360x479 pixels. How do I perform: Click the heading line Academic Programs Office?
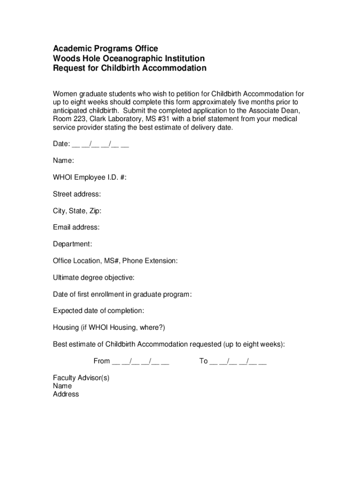point(105,49)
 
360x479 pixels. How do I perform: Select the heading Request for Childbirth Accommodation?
point(130,68)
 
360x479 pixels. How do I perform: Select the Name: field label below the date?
point(63,160)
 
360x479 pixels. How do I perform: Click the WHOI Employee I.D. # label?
point(89,177)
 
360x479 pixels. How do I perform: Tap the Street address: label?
point(77,194)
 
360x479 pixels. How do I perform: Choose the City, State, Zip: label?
point(77,210)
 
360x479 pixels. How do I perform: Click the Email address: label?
point(76,227)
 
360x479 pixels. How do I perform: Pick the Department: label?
point(72,244)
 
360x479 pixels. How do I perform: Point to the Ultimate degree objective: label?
point(94,277)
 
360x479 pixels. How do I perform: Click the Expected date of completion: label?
point(98,311)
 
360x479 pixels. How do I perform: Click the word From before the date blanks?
point(102,361)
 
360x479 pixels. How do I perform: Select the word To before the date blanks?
point(203,361)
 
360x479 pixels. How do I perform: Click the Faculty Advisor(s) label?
point(81,377)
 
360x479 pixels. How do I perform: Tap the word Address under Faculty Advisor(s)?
point(66,394)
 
